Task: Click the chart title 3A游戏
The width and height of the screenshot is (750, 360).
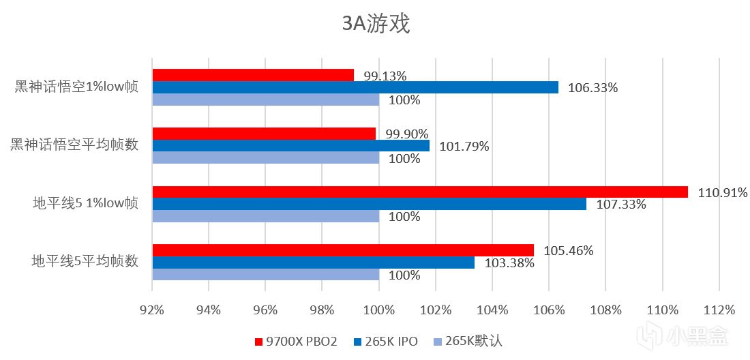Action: tap(376, 25)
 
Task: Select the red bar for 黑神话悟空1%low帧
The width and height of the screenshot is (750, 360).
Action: tap(253, 75)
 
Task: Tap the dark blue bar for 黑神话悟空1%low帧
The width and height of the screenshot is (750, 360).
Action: tap(355, 87)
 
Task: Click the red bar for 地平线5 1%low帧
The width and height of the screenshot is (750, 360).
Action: tap(420, 192)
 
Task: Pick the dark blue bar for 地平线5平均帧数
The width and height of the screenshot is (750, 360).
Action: tap(313, 262)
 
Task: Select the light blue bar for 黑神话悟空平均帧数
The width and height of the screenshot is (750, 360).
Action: tap(265, 158)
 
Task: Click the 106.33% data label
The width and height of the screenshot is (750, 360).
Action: tap(594, 87)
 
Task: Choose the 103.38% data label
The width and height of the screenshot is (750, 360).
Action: tap(509, 262)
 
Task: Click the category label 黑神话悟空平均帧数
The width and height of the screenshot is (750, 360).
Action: tap(76, 145)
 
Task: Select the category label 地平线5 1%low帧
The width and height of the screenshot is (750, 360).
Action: tap(86, 203)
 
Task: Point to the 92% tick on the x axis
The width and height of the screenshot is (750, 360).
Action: tap(152, 310)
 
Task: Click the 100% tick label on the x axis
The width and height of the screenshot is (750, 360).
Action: tap(379, 310)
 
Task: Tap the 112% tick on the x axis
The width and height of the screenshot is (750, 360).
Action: tap(719, 310)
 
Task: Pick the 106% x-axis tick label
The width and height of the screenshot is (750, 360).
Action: tap(549, 310)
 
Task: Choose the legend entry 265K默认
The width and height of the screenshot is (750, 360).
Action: tap(469, 341)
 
